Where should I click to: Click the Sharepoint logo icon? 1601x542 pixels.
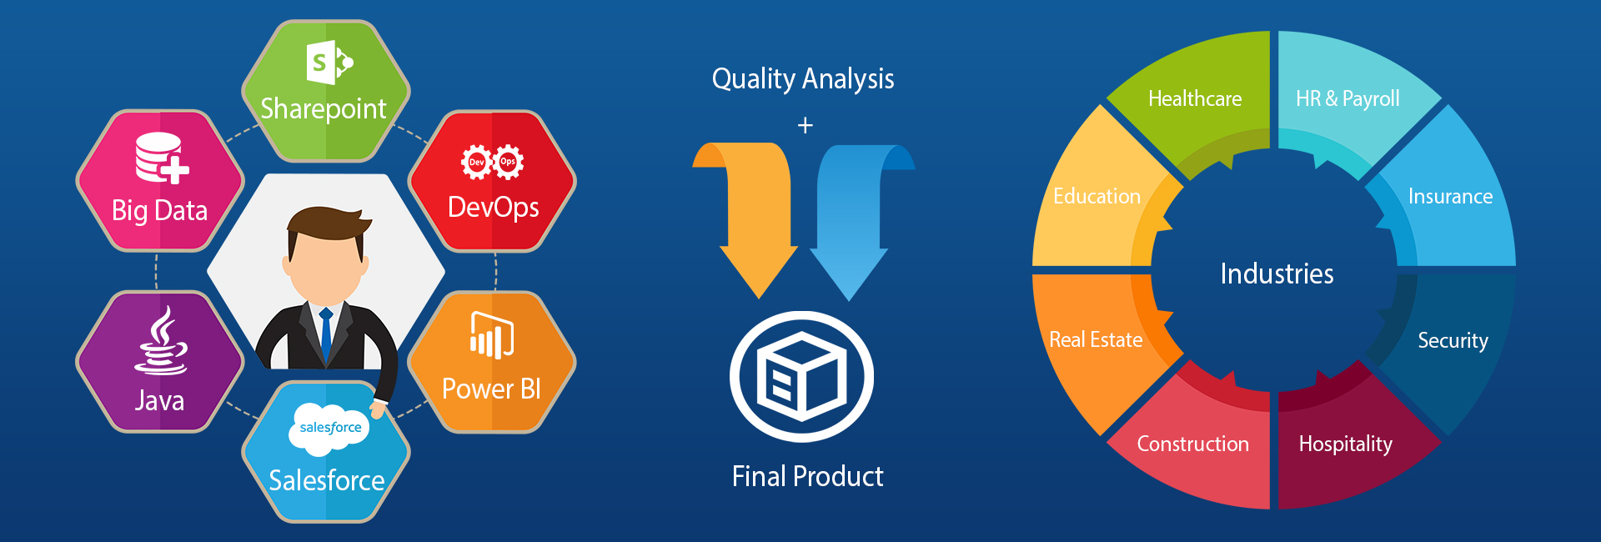point(329,62)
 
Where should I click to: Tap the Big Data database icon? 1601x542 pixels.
point(162,158)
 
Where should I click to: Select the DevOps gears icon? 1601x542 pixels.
point(493,162)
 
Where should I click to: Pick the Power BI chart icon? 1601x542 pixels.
point(492,335)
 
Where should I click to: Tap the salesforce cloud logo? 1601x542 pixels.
point(329,429)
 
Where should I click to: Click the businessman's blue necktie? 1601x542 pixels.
point(326,334)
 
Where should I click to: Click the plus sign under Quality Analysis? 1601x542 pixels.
point(805,126)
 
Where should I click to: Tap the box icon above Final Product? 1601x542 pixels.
point(801,376)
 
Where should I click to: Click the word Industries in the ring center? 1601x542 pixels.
point(1277,274)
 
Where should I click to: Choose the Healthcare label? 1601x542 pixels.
point(1195,98)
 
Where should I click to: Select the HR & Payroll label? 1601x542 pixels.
point(1348,99)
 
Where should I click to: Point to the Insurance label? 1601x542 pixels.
point(1450,196)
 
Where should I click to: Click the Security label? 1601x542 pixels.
point(1453,341)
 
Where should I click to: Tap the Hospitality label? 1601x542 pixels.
point(1346,444)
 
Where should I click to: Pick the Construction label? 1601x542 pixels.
point(1193,444)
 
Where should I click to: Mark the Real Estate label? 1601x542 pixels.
point(1096,339)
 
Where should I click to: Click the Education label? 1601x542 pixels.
point(1097,196)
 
